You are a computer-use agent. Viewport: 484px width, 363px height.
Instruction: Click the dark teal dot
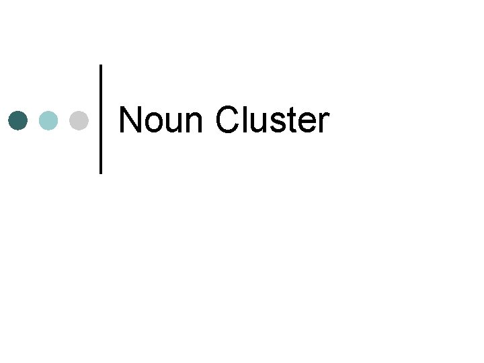click(x=18, y=120)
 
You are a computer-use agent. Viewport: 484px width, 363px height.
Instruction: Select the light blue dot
click(x=48, y=120)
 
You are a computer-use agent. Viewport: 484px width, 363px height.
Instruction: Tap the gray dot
click(x=79, y=120)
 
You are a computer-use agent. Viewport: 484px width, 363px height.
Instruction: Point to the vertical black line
click(x=101, y=119)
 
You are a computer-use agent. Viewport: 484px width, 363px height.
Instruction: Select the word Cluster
click(x=272, y=121)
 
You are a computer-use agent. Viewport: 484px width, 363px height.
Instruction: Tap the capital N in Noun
click(x=129, y=121)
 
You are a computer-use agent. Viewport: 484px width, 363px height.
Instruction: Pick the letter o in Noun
click(x=153, y=124)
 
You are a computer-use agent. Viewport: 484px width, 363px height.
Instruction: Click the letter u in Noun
click(x=173, y=124)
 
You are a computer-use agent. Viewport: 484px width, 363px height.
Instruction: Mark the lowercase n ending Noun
click(x=194, y=124)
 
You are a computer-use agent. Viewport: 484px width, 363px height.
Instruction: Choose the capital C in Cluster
click(x=229, y=121)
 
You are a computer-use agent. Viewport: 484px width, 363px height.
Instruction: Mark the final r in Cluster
click(x=323, y=124)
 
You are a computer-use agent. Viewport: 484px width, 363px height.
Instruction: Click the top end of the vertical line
click(x=101, y=66)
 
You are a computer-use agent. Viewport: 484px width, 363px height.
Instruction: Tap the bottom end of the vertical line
click(x=101, y=172)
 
